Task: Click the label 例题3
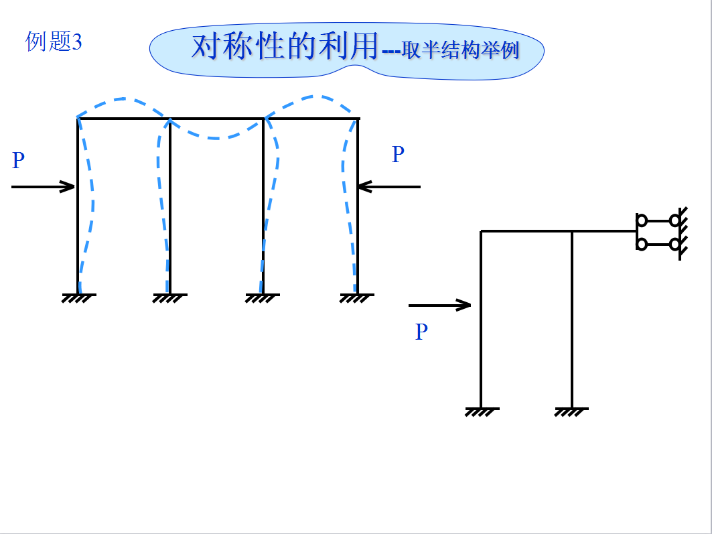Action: [x=54, y=42]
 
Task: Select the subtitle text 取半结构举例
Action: [x=461, y=51]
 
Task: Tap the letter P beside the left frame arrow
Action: [x=18, y=161]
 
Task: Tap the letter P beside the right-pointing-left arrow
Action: [x=398, y=155]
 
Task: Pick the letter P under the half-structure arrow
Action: [x=421, y=332]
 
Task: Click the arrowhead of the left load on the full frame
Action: [x=69, y=187]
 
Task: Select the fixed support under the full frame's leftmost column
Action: [x=79, y=297]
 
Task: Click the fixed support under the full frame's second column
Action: [x=169, y=297]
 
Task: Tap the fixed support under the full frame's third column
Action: [x=262, y=297]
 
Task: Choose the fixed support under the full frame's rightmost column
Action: [x=356, y=297]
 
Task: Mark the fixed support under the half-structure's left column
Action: [x=481, y=411]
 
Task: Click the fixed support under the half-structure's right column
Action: [x=571, y=411]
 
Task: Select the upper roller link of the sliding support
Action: [x=658, y=220]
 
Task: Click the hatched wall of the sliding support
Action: [x=682, y=232]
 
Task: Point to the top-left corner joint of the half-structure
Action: [x=482, y=232]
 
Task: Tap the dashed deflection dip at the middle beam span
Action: [x=216, y=137]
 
